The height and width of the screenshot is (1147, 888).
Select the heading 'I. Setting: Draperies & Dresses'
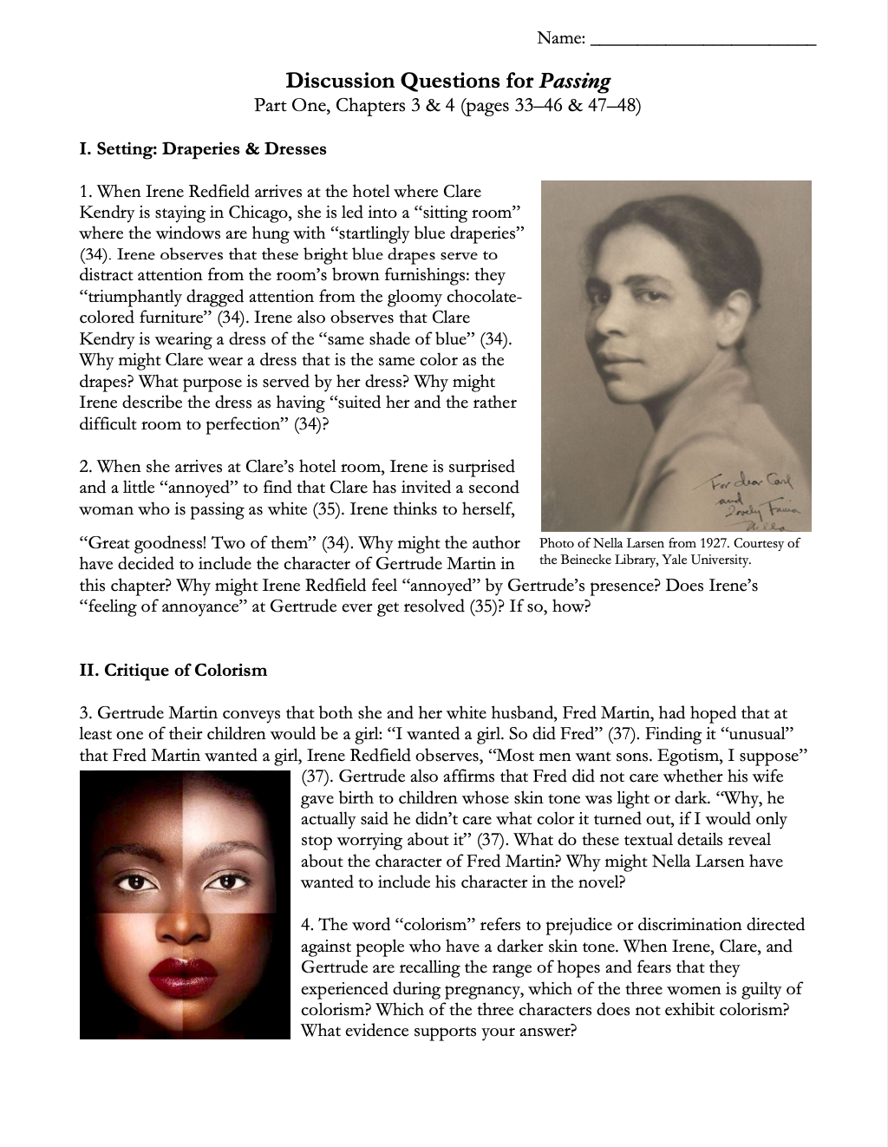[x=203, y=149]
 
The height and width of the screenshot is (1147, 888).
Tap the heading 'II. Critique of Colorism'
[x=173, y=670]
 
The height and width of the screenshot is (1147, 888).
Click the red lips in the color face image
[x=185, y=966]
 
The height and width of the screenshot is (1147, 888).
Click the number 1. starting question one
[x=86, y=192]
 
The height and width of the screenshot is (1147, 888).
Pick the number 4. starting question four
[x=308, y=925]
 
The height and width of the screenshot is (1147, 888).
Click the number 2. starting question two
[x=86, y=467]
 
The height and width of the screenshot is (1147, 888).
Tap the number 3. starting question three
[x=86, y=713]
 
